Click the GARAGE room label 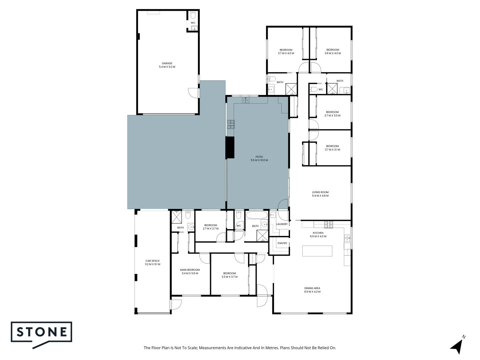167,65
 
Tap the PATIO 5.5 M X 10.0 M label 259,158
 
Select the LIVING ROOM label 320,194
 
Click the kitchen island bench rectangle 317,251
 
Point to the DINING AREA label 312,290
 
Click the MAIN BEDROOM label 190,272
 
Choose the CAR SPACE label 152,263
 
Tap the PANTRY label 282,243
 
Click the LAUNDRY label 282,224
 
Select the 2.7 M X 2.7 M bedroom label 210,227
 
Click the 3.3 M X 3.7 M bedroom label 229,275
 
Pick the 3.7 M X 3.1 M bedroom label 332,148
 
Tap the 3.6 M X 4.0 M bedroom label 332,52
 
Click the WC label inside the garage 193,23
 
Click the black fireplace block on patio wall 230,147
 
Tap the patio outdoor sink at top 246,100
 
